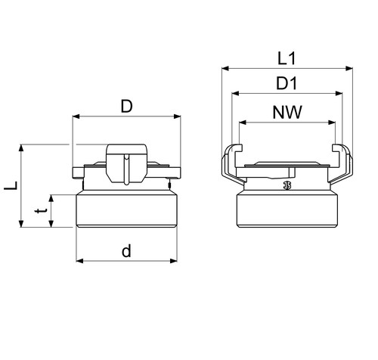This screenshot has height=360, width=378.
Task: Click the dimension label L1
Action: coord(287,58)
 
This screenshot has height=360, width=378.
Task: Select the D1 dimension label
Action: coord(287,83)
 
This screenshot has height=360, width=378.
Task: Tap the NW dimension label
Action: coord(287,112)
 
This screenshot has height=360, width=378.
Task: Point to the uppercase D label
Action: coord(126,107)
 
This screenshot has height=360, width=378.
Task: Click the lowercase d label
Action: coord(126,251)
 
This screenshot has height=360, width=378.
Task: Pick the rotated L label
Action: coord(11,185)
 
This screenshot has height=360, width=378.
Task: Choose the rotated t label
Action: coord(41,210)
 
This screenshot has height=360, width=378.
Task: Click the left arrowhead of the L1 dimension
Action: coord(225,68)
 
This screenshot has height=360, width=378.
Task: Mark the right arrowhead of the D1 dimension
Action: coord(339,94)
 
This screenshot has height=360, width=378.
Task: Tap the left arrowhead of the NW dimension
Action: coord(243,123)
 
